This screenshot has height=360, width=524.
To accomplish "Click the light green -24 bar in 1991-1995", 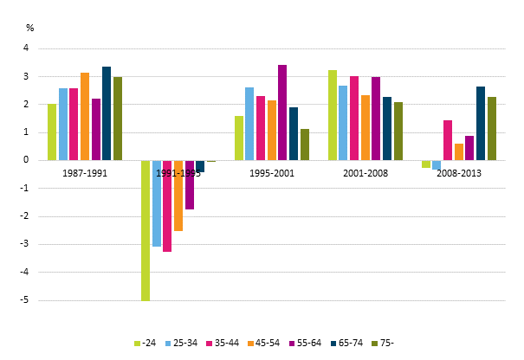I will (146, 230).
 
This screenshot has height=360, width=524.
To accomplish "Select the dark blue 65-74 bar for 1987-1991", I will (107, 113).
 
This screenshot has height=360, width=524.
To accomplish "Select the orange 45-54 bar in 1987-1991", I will (85, 116).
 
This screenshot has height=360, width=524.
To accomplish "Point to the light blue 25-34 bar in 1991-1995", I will (157, 203).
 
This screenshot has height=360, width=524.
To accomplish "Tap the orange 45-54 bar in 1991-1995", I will (178, 196).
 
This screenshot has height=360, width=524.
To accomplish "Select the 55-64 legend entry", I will (302, 344).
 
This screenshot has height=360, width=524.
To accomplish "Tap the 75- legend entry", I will (381, 344).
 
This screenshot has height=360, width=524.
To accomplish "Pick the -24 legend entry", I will (144, 344).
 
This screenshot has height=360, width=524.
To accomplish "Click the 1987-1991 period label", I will (85, 173).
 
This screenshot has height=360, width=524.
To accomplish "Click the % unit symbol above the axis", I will (29, 28).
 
